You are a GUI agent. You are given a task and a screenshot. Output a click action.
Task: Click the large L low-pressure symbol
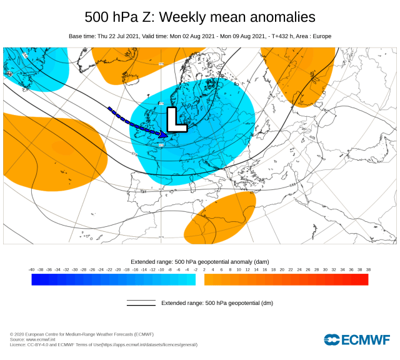[x=177, y=119]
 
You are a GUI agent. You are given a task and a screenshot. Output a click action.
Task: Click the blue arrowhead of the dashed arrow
[x=164, y=134]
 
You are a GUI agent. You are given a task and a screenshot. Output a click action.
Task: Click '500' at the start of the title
[x=97, y=16]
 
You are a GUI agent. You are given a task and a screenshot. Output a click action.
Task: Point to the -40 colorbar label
[x=32, y=269]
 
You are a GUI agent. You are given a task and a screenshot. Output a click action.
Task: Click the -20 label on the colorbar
[x=118, y=269]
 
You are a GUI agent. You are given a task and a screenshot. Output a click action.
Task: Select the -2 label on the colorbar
[x=196, y=269]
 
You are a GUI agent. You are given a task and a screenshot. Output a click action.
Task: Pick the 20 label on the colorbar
[x=282, y=269]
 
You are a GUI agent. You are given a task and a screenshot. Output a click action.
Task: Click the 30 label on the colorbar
[x=325, y=269]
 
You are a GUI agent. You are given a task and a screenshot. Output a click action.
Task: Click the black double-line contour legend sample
[x=141, y=303]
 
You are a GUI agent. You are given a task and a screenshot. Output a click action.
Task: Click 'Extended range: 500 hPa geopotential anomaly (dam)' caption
[x=200, y=261]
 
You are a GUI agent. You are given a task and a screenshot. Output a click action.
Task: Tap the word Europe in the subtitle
[x=321, y=36]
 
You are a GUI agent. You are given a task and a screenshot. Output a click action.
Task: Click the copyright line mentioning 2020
[x=81, y=334]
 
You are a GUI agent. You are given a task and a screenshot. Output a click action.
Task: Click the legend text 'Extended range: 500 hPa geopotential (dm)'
[x=217, y=303]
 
